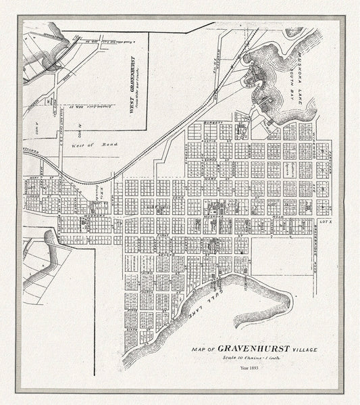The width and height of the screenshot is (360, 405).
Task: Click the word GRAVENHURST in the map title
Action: coord(254,348)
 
